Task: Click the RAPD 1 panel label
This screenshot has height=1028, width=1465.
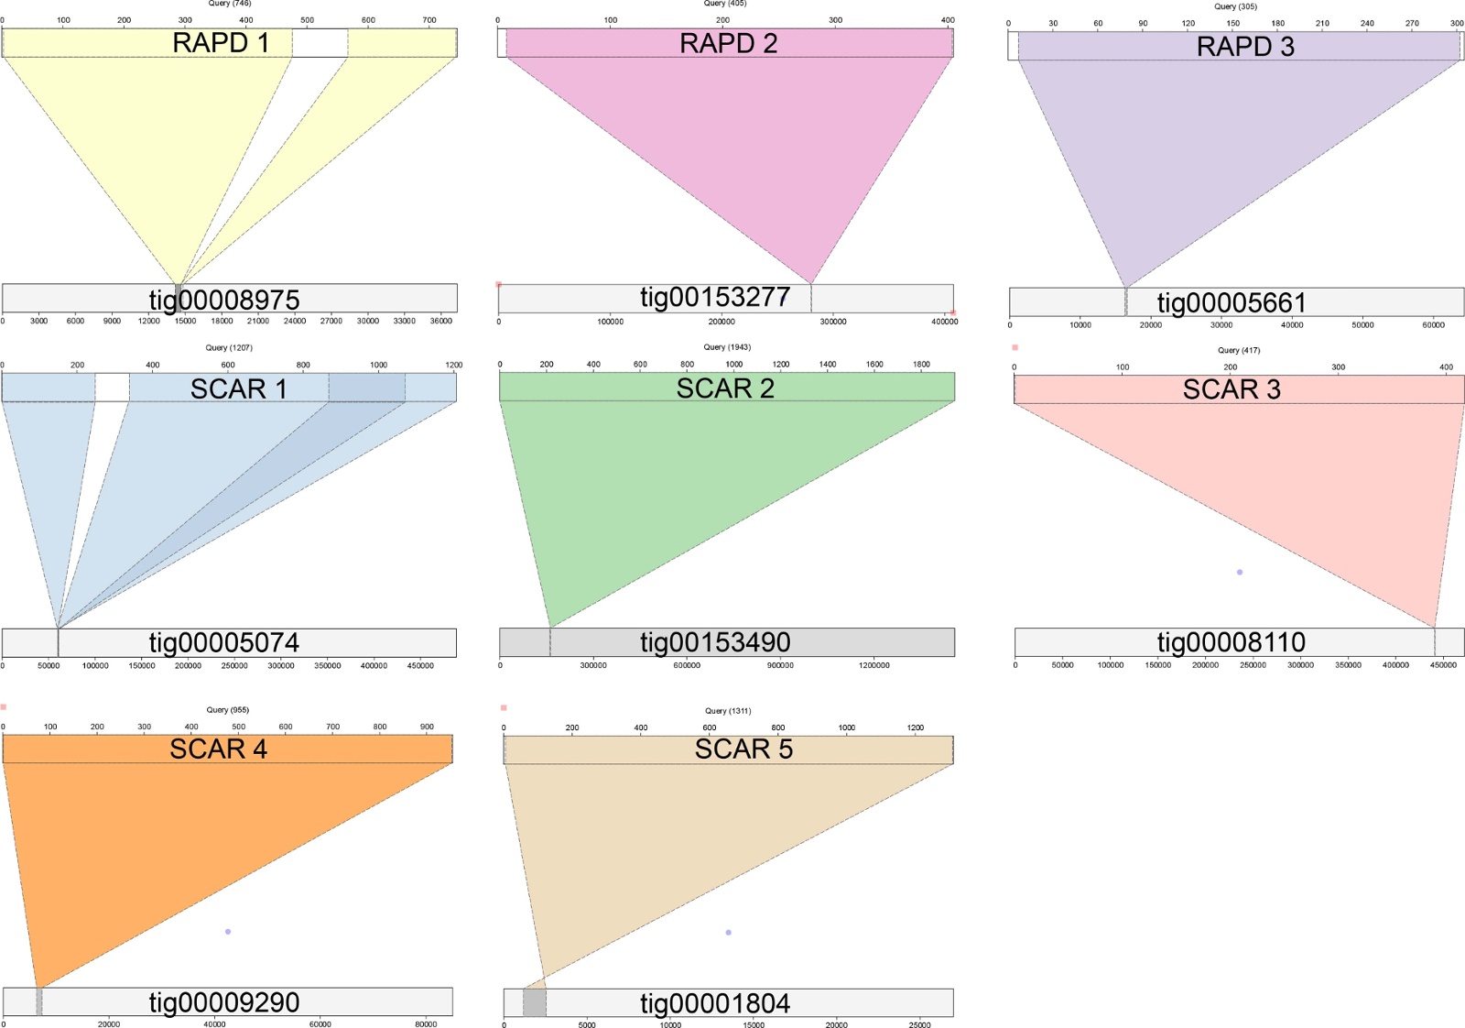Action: pos(221,43)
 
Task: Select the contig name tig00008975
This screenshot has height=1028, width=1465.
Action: pos(224,300)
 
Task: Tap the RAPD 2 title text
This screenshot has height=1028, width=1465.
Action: pos(728,43)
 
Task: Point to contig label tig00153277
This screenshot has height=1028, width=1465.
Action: pos(715,298)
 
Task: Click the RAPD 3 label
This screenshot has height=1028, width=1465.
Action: pos(1245,47)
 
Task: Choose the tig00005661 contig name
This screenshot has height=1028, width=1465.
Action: pos(1232,302)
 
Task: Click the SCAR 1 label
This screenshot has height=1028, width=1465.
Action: pos(239,388)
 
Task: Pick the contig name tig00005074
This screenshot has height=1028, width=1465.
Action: pos(224,642)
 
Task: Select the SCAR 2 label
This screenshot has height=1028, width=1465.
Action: pos(725,388)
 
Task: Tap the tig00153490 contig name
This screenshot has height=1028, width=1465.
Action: pos(715,642)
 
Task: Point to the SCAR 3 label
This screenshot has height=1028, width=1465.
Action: pos(1232,389)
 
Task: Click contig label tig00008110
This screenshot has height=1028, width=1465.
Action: pos(1232,641)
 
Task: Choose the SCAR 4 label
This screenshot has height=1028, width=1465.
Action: pos(218,749)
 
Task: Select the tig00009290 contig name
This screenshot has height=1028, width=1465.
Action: pos(224,1002)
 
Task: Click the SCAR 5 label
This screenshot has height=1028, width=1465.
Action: pos(743,749)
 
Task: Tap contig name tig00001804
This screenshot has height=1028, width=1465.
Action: pos(715,1003)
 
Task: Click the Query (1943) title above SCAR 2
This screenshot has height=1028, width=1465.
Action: pos(727,347)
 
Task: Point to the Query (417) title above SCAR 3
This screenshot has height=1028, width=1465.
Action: pos(1239,350)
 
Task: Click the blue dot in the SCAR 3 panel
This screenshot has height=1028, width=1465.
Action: pos(1240,573)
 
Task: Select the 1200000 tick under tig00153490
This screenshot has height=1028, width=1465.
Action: pos(874,665)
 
